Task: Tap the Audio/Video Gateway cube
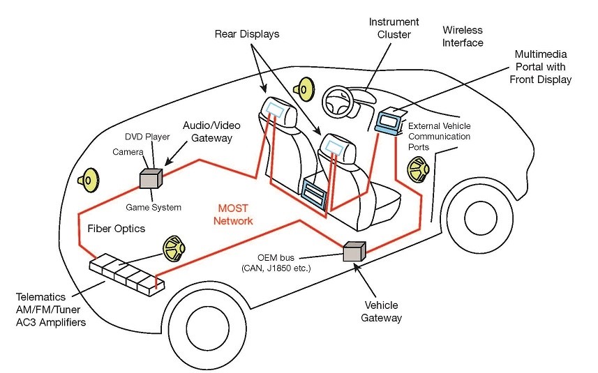150,179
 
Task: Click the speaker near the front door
418,169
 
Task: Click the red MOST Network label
233,214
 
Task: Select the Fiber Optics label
116,229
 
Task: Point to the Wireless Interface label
463,36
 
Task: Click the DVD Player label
147,137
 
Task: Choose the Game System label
153,207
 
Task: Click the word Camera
128,151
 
